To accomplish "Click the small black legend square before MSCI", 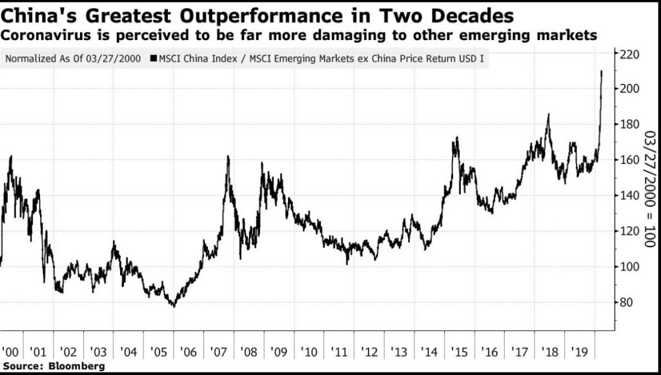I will click(x=153, y=59).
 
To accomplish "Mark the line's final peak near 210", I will click(x=602, y=71).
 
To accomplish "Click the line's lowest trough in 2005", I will click(x=173, y=306).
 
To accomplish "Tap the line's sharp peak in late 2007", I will click(x=228, y=156).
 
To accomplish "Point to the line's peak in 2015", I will click(x=456, y=137).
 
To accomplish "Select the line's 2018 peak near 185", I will click(x=548, y=115).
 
